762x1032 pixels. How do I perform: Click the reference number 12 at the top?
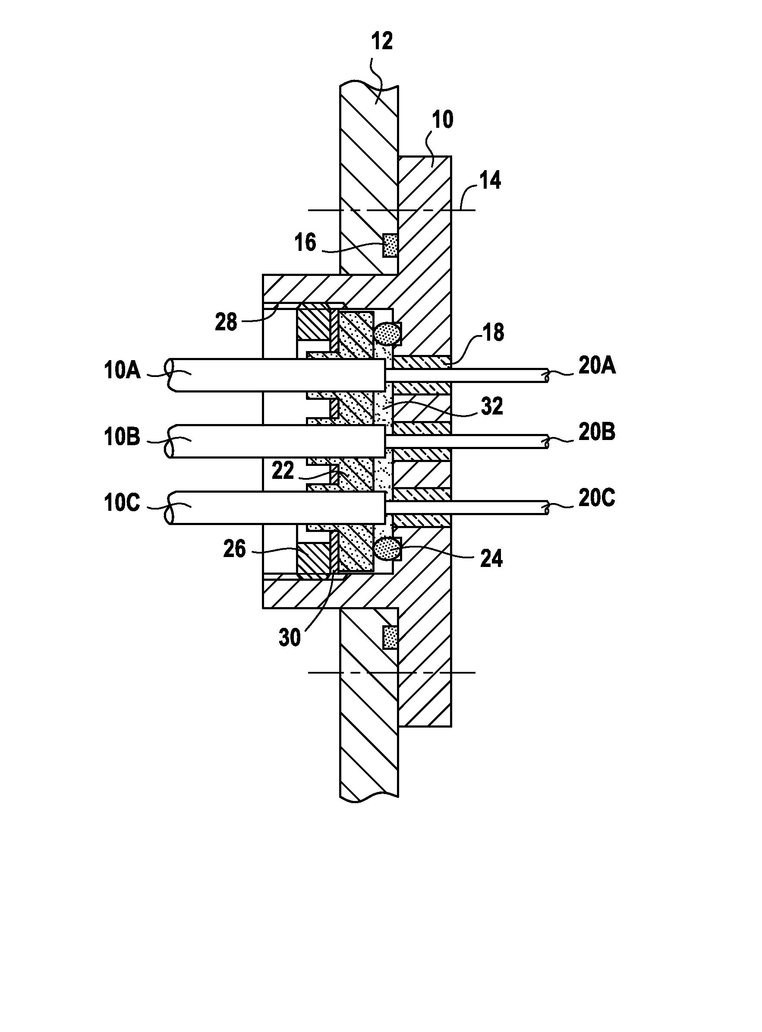click(382, 41)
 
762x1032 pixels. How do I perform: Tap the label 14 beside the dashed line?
click(490, 180)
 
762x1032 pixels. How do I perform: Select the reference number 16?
click(305, 242)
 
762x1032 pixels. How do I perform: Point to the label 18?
click(494, 332)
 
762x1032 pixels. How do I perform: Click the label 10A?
click(122, 370)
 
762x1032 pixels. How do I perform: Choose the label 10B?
click(122, 437)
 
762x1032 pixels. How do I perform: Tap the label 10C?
click(122, 503)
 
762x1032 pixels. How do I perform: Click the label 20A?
click(597, 366)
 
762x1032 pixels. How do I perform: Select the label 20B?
click(597, 433)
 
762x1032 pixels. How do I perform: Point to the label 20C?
click(597, 498)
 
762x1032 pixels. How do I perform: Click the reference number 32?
click(492, 406)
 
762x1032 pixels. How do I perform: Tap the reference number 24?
click(491, 558)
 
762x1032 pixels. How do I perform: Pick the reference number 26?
click(234, 549)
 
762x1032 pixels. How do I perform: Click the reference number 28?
click(226, 322)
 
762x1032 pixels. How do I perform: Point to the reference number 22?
click(283, 471)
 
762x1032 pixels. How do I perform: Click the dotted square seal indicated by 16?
click(390, 246)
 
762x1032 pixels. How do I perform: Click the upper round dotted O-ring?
click(387, 333)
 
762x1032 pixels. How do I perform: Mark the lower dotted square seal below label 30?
click(390, 637)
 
